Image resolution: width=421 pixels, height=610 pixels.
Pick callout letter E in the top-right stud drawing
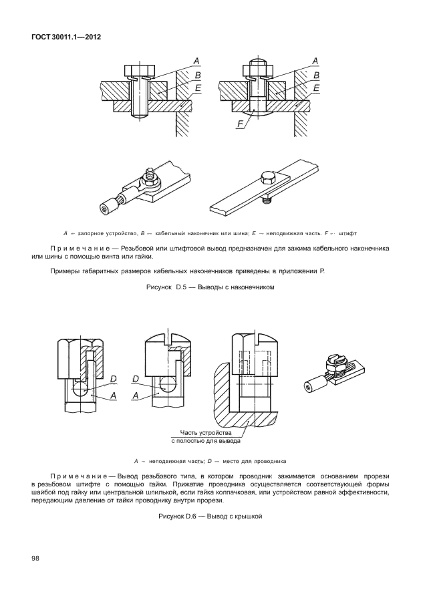point(316,88)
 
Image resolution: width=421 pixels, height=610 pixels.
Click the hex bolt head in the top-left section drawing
point(138,70)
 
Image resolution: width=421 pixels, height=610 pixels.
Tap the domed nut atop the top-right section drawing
point(257,68)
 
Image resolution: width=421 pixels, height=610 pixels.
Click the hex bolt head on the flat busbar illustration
point(265,179)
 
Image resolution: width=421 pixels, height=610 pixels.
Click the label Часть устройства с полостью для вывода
point(206,436)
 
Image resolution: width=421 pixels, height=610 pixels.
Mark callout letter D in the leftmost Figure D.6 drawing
point(114,379)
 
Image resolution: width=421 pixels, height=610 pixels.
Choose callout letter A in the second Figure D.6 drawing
point(136,396)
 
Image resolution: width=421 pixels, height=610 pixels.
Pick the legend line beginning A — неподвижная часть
point(210,460)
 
